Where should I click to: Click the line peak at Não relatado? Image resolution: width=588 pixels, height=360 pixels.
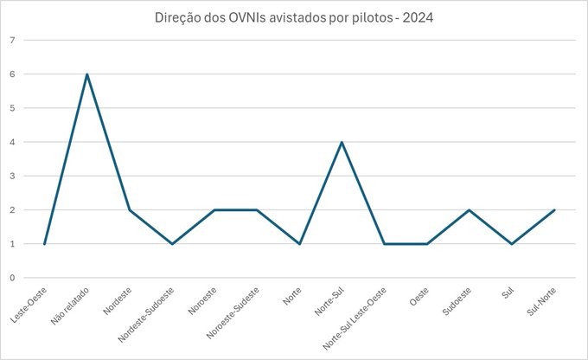click(87, 74)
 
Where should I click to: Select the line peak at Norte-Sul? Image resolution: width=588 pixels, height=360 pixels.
click(342, 142)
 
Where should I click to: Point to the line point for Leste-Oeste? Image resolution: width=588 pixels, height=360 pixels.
click(44, 244)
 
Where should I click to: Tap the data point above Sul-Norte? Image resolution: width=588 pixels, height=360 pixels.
click(553, 210)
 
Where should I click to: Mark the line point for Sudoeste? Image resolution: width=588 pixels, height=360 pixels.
click(469, 210)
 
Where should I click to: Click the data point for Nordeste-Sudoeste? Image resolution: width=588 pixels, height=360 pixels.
click(172, 244)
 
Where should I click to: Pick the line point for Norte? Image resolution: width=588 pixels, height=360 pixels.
click(299, 244)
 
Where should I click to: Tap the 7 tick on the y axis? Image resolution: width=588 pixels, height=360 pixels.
click(12, 41)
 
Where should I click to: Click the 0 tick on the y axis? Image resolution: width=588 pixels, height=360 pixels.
click(12, 278)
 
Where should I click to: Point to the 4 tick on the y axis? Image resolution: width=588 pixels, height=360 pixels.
click(12, 142)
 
